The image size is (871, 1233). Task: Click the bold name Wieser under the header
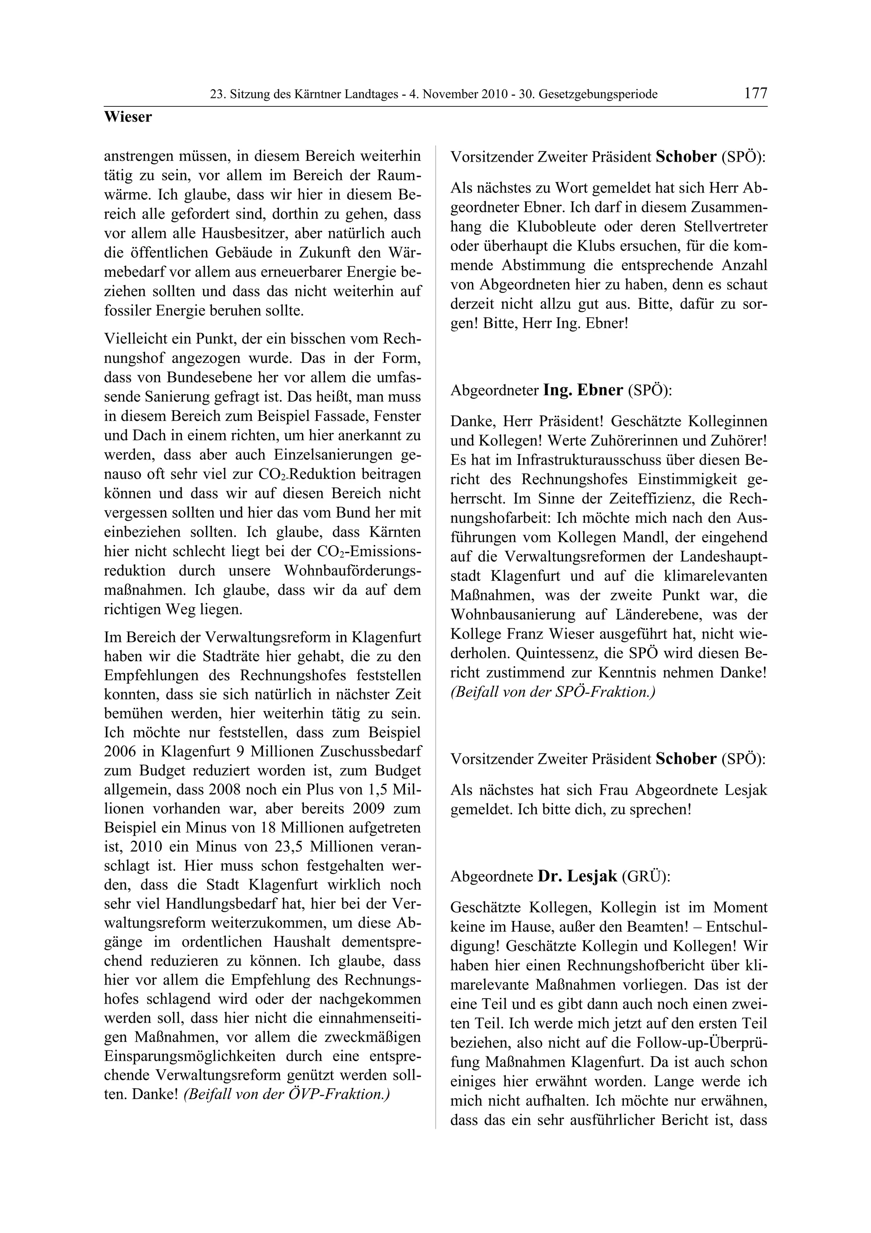pyautogui.click(x=128, y=117)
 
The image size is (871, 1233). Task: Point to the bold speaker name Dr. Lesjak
pyautogui.click(x=578, y=876)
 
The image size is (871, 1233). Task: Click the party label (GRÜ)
pyautogui.click(x=646, y=876)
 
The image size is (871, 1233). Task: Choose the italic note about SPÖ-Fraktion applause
pyautogui.click(x=553, y=692)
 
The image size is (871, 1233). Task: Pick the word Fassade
pyautogui.click(x=343, y=416)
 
